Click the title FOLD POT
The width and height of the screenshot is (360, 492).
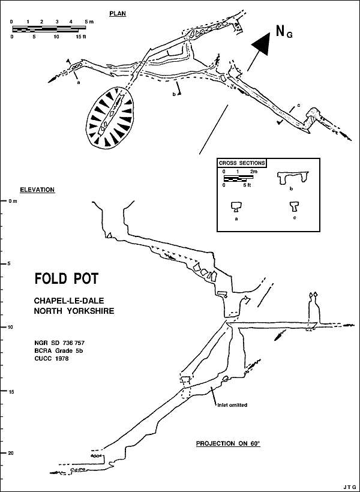[x=66, y=279]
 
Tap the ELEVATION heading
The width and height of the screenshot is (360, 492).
[x=37, y=190]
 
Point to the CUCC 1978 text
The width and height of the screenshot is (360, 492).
[x=52, y=358]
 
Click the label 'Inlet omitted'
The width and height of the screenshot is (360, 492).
[x=232, y=405]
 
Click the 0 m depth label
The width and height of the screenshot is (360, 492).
[x=13, y=201]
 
